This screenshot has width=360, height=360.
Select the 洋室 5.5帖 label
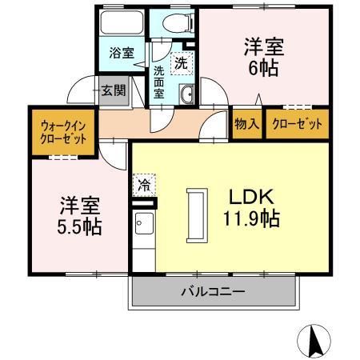coord(78,215)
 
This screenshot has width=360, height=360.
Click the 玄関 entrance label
coord(113,90)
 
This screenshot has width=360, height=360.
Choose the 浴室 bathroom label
coord(122,54)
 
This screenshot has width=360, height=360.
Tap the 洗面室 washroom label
coord(160,81)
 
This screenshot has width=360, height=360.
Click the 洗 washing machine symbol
coord(182,61)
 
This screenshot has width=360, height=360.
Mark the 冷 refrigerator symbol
coord(144,185)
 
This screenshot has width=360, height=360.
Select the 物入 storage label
coord(246,124)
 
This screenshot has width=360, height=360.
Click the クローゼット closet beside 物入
coord(297,124)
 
